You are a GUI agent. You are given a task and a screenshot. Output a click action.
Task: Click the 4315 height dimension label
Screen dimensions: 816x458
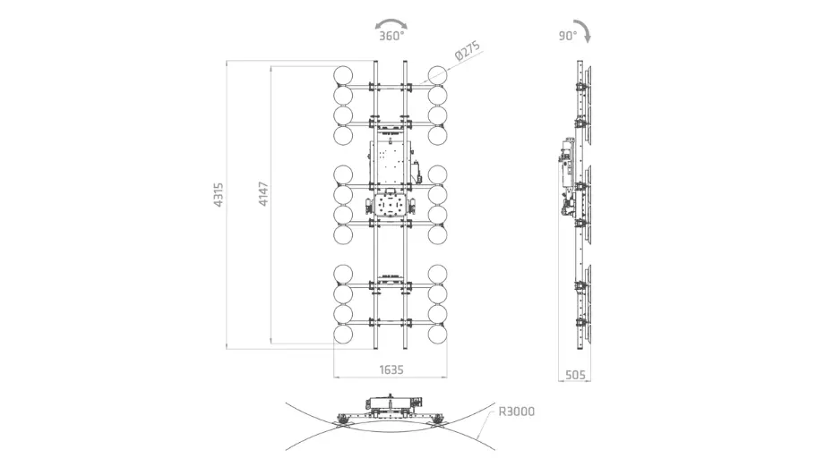point(219,195)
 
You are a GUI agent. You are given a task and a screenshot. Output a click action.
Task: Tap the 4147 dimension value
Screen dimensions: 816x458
point(263,194)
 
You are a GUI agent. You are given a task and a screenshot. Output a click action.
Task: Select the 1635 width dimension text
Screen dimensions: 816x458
point(391,369)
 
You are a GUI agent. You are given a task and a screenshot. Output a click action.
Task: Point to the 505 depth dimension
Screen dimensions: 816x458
point(575,374)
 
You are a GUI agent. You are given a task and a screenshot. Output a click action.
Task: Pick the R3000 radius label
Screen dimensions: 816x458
point(517,411)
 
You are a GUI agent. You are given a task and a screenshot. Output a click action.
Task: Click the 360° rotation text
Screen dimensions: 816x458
point(391,36)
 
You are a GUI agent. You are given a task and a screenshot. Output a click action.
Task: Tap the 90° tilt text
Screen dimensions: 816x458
point(568,36)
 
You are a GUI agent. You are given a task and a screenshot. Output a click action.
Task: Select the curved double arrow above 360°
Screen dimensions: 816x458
point(391,21)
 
